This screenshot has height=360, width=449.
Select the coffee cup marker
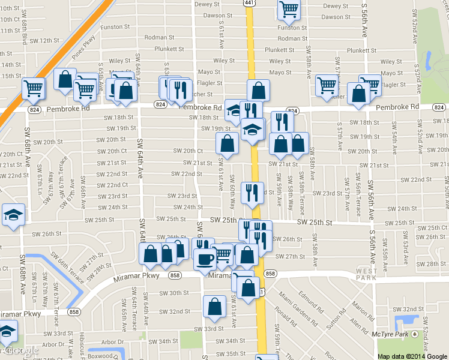point(206,259)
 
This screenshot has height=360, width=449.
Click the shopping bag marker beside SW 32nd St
point(215,307)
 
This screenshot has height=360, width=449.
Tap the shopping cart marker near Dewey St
point(289,8)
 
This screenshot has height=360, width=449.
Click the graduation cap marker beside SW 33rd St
point(7,331)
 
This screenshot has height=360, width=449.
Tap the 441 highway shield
point(249,3)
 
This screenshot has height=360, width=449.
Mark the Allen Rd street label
point(360,326)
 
